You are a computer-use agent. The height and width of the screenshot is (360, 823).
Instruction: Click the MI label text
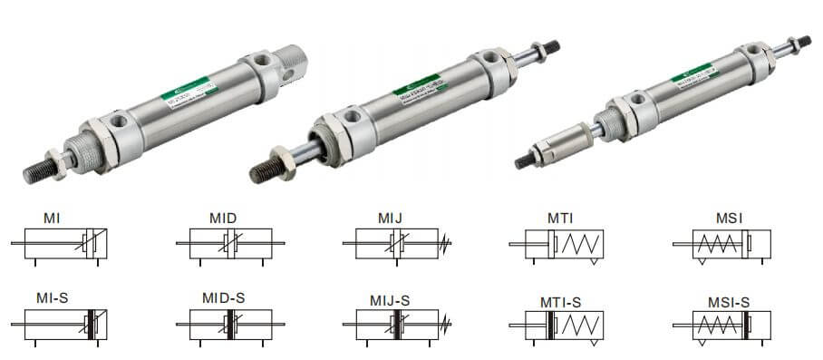tap(52, 218)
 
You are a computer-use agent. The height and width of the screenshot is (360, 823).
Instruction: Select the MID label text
tap(223, 218)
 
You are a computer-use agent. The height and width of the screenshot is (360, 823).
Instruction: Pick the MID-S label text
tap(223, 298)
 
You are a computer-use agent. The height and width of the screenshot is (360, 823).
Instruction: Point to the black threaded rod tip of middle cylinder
tap(265, 170)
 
